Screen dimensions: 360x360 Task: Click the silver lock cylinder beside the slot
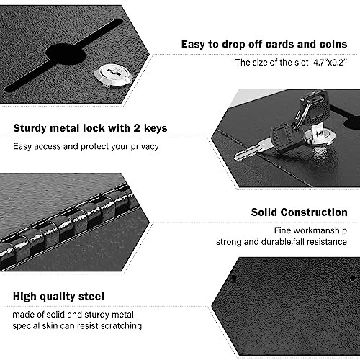point(113,76)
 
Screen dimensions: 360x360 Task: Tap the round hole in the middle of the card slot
point(66,54)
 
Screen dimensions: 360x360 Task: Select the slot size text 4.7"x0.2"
point(330,63)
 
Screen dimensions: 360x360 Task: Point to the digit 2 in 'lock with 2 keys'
point(137,128)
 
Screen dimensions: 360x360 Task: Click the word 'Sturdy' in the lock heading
point(30,129)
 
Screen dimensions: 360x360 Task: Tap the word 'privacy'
point(145,147)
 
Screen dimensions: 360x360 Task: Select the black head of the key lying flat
point(286,135)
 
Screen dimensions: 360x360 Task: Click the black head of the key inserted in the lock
point(313,106)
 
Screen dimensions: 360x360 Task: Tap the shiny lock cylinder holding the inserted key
point(319,137)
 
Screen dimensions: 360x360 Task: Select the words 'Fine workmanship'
point(310,230)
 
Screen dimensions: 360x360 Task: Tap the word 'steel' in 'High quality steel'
point(91,297)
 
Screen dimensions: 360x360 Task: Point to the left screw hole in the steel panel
point(233,279)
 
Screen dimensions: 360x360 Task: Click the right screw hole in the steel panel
point(353,279)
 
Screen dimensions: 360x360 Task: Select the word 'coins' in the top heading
point(333,45)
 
